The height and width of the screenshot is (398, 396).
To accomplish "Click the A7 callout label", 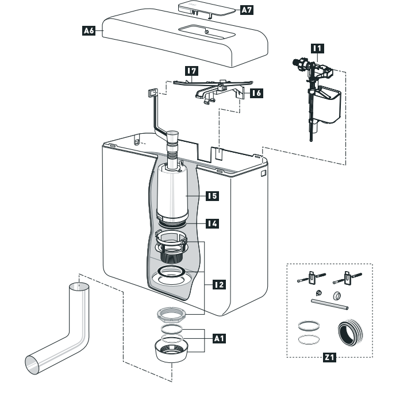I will pos(246,10).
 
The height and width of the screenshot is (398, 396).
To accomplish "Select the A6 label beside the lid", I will pos(89,32).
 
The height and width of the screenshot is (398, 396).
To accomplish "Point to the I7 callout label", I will pos(191,71).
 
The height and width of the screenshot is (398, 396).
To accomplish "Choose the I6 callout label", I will pos(256,92).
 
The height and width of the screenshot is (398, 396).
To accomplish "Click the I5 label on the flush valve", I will pos(213,196).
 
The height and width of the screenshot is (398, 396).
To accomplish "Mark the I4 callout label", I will pos(213,223).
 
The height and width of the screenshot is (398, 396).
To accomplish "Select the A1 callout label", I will pos(219,339).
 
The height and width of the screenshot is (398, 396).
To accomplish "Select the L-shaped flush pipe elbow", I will pos(63,339).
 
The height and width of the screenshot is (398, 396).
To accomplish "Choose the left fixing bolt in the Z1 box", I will pos(308,280).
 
